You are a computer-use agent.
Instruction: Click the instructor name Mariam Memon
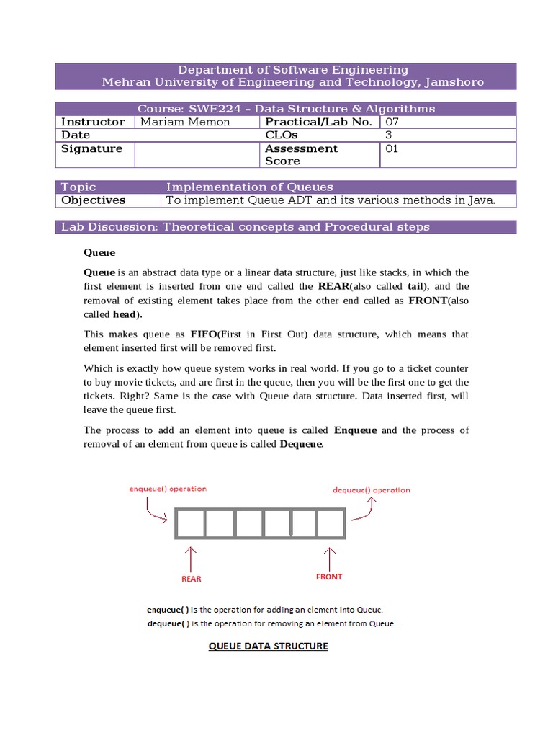185,122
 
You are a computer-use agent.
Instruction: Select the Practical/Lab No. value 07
392,122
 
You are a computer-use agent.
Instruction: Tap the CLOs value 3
389,135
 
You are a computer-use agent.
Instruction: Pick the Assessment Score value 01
392,148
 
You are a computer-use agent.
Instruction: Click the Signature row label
91,148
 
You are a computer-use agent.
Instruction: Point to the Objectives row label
93,200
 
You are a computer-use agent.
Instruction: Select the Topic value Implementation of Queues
249,187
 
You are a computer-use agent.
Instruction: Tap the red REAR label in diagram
191,578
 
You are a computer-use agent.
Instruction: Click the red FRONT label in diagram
329,577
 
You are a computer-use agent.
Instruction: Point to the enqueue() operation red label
168,489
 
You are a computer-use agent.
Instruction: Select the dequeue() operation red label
371,490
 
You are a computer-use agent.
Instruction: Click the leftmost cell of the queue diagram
190,523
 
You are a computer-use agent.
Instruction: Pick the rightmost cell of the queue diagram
331,523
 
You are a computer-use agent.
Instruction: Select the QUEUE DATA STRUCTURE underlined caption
268,646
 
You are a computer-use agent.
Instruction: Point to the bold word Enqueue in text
356,430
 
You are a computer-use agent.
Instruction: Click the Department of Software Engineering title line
293,70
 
